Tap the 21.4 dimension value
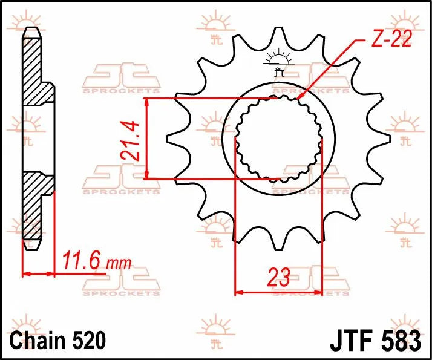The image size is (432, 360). click(x=130, y=140)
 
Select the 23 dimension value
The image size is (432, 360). click(x=278, y=278)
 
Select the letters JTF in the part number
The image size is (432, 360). click(x=352, y=340)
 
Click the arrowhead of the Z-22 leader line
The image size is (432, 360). click(x=299, y=97)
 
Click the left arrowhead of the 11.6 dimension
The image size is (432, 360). click(x=26, y=274)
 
